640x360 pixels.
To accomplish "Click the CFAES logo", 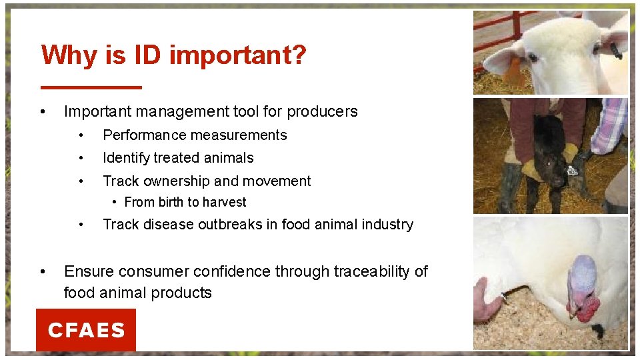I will pyautogui.click(x=86, y=330).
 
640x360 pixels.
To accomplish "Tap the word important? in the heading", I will pyautogui.click(x=238, y=56).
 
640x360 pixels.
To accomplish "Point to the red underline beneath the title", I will pyautogui.click(x=91, y=87).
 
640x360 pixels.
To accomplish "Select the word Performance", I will pyautogui.click(x=143, y=135).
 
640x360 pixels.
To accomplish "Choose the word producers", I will pyautogui.click(x=323, y=112).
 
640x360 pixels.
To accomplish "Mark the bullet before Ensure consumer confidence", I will pyautogui.click(x=43, y=272).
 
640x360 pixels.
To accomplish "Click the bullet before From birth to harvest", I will pyautogui.click(x=116, y=202).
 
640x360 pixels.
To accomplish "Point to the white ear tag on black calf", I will pyautogui.click(x=571, y=171).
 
